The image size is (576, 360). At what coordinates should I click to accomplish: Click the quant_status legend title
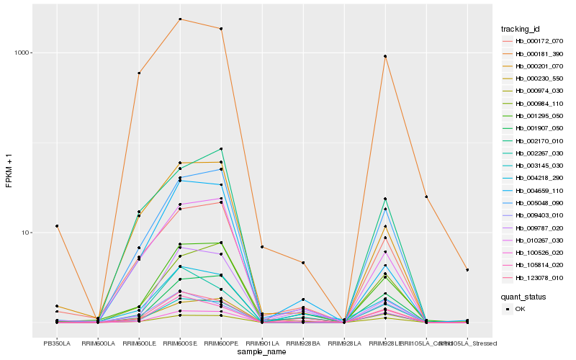tap(523, 296)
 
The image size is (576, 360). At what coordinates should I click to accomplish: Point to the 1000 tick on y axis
tap(24, 53)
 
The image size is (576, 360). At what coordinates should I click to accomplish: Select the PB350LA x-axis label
tap(57, 343)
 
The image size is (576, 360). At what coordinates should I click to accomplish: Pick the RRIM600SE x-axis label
tap(180, 343)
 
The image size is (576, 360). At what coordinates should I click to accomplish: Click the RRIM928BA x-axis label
tap(303, 343)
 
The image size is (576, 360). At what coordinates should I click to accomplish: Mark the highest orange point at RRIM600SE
tap(180, 19)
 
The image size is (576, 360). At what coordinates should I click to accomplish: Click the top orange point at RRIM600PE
tap(221, 29)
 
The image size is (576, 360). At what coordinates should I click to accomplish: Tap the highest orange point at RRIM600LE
tap(139, 73)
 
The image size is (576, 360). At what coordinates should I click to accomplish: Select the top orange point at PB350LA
tap(57, 226)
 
